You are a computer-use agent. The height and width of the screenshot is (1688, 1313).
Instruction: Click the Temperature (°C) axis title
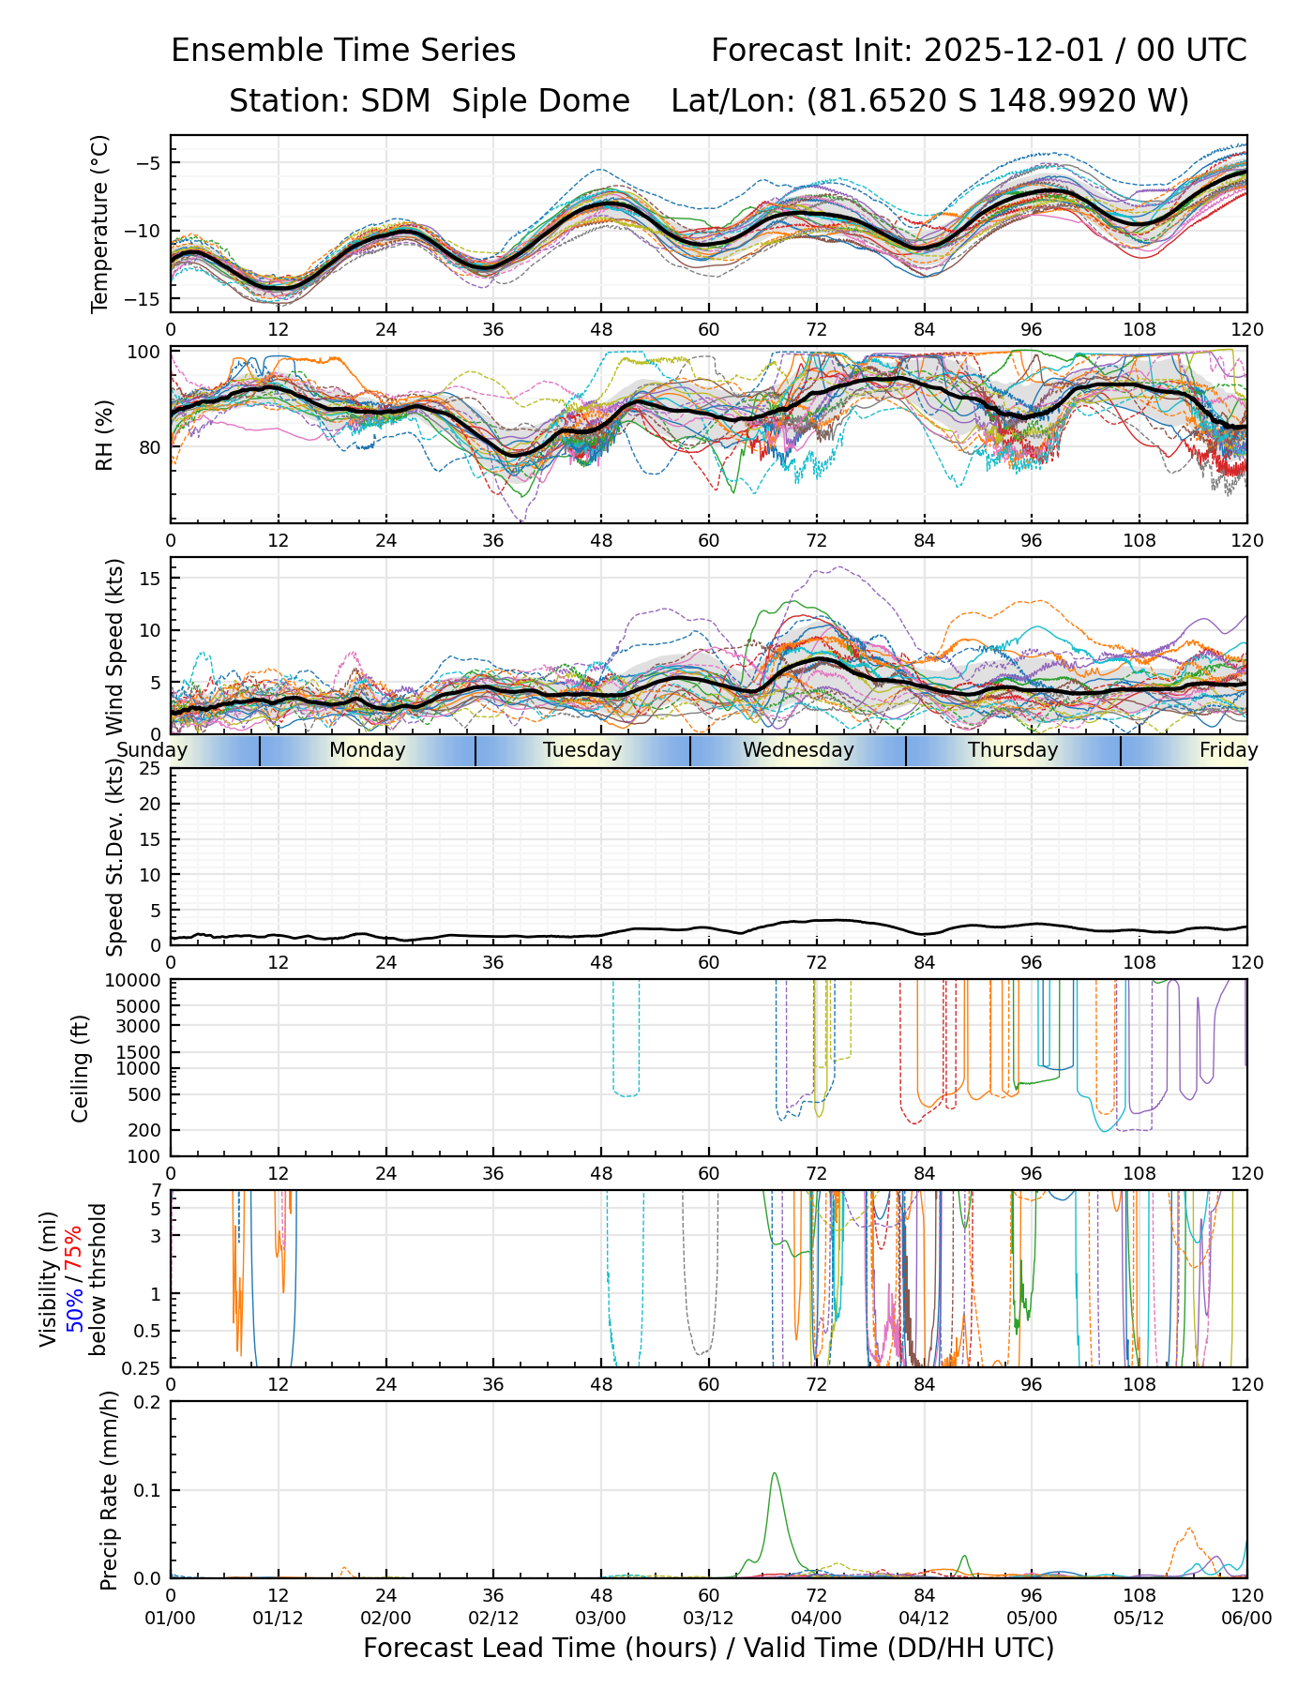tap(100, 223)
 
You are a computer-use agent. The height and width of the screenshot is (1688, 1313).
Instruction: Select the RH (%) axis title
tap(104, 435)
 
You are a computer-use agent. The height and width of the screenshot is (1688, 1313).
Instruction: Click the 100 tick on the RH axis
tap(145, 353)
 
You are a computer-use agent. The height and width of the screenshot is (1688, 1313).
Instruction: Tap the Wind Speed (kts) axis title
tap(115, 646)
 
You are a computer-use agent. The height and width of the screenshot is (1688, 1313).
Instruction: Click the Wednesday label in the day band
tap(798, 750)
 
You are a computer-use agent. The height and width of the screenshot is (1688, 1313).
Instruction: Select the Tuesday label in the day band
tap(582, 750)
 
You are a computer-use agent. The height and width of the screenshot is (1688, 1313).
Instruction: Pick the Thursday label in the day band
tap(1013, 750)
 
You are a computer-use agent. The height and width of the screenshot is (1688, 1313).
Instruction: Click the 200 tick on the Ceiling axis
tap(145, 1130)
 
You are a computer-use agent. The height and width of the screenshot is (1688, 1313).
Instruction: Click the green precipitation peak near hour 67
tap(775, 1473)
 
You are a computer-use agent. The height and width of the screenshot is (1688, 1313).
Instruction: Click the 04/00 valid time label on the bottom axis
tap(816, 1619)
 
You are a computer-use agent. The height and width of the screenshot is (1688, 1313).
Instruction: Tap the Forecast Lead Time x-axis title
tap(708, 1648)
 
